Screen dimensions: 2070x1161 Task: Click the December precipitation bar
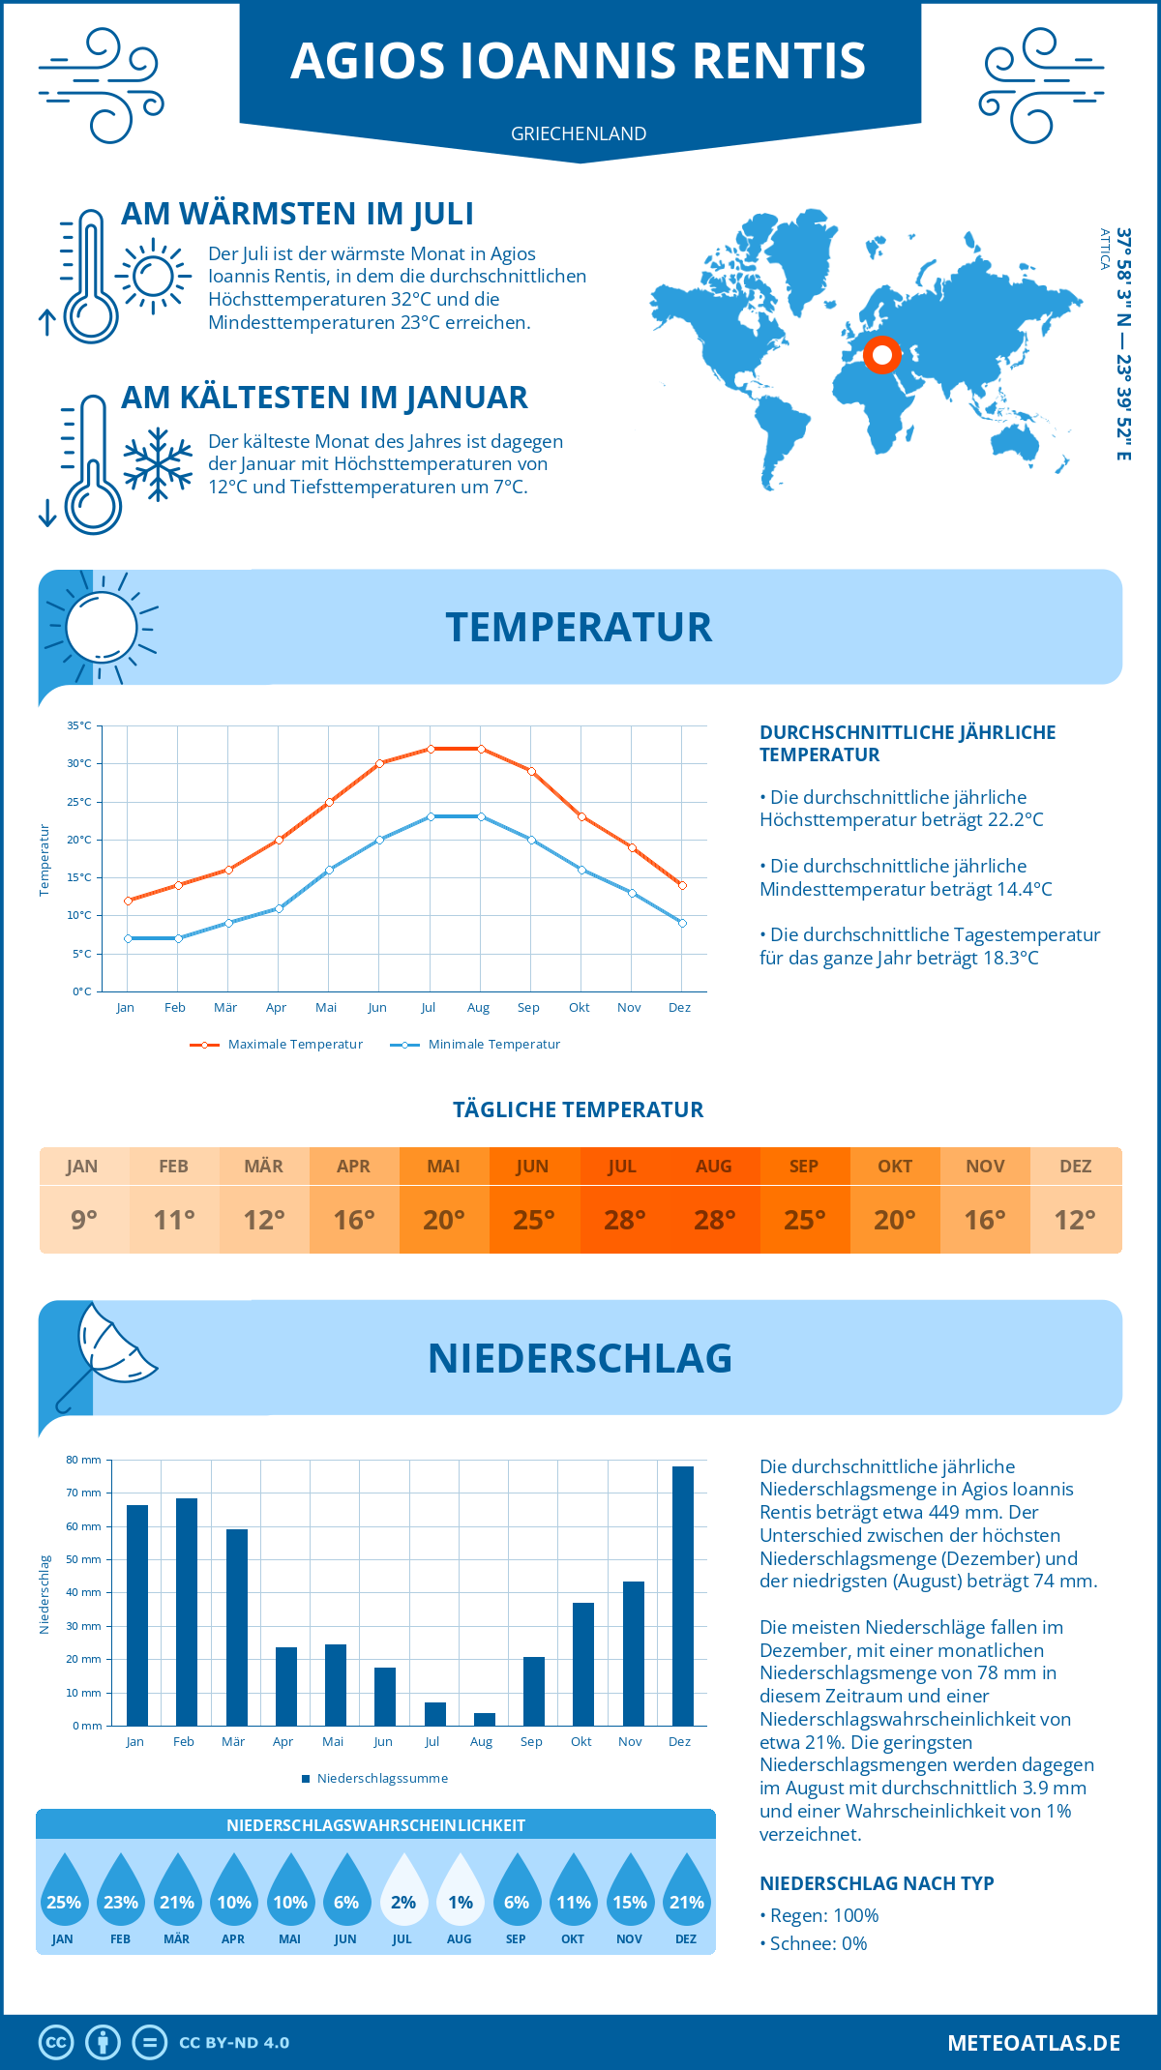682,1596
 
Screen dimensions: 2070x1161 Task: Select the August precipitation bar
484,1719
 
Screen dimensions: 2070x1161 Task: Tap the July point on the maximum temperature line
431,749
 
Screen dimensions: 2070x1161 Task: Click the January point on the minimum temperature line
128,938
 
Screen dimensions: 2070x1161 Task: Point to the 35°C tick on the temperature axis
80,725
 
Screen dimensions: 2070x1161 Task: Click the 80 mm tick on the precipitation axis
84,1460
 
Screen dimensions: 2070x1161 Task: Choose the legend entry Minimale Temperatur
493,1045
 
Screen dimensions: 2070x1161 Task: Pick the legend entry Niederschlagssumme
381,1778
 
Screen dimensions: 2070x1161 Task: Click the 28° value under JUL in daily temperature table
624,1220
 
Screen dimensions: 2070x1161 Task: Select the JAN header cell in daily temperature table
82,1167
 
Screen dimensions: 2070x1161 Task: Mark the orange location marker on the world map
881,355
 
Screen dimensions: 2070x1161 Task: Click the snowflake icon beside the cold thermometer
158,463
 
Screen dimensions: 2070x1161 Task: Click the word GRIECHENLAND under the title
579,133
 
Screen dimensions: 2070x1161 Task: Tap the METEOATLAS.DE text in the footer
1033,2043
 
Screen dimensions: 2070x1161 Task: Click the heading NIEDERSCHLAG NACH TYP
877,1883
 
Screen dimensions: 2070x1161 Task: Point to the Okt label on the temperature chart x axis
579,1008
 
